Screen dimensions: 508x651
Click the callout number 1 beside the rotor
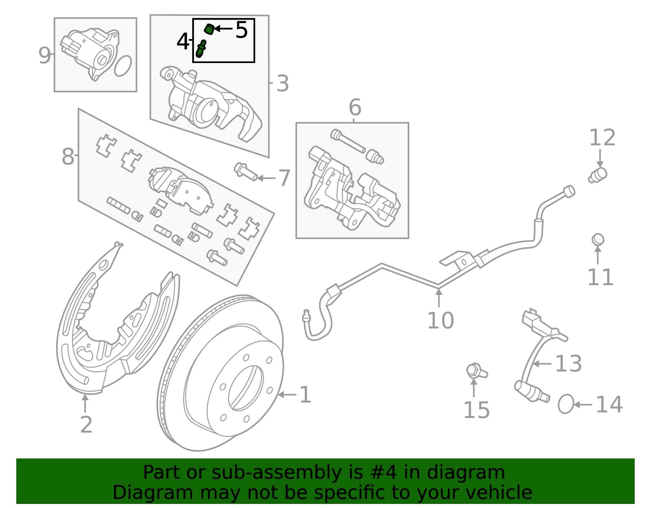(305, 395)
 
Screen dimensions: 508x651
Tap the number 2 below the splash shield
(86, 425)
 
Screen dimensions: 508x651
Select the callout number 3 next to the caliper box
(282, 84)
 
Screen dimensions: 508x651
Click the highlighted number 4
(183, 41)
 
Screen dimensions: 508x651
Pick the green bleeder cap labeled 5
(209, 29)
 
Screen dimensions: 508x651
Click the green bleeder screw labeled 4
(201, 49)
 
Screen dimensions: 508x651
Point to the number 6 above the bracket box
(355, 108)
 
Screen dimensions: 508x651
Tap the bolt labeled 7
(245, 172)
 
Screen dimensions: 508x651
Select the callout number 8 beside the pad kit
(68, 157)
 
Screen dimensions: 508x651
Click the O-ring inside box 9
(123, 66)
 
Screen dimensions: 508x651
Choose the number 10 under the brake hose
(440, 320)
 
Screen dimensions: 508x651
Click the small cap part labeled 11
(598, 240)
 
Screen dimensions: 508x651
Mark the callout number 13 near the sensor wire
(568, 363)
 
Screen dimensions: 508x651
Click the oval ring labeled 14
(566, 404)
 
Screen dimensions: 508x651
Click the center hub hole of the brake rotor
(246, 388)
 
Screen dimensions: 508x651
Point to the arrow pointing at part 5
(223, 28)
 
